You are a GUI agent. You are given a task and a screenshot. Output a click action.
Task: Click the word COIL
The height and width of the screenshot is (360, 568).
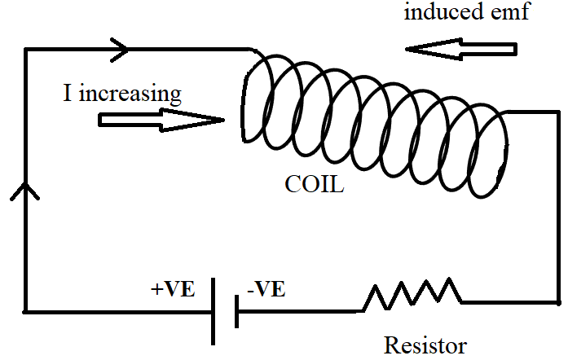click(x=314, y=185)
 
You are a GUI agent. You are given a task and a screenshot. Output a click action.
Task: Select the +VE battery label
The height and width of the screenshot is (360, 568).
click(x=173, y=289)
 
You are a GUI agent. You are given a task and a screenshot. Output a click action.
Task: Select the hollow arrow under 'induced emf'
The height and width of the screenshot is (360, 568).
click(x=460, y=50)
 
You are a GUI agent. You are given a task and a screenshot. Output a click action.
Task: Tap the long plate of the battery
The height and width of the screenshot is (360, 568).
click(x=214, y=310)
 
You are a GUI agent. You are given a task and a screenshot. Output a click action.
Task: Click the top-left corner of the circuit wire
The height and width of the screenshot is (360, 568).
click(x=26, y=50)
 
